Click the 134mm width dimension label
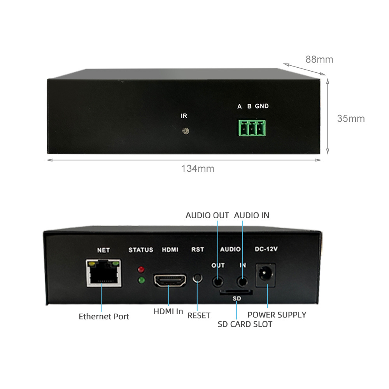198,169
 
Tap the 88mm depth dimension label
319,60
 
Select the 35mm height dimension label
351,118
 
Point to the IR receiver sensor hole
186,131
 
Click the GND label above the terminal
262,106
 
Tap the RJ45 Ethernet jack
103,273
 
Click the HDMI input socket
170,280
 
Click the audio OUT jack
218,280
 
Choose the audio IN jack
243,280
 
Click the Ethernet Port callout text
104,316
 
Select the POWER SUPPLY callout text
277,315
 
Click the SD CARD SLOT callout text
245,324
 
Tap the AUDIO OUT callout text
207,215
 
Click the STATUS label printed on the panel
141,250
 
